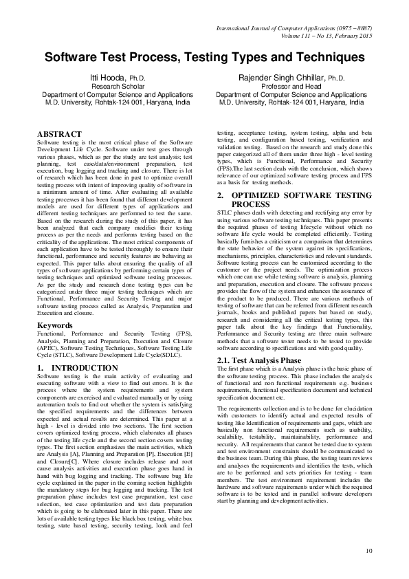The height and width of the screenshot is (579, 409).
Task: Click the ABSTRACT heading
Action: click(58, 132)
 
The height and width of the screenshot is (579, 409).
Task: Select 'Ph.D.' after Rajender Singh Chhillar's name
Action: click(335, 79)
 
